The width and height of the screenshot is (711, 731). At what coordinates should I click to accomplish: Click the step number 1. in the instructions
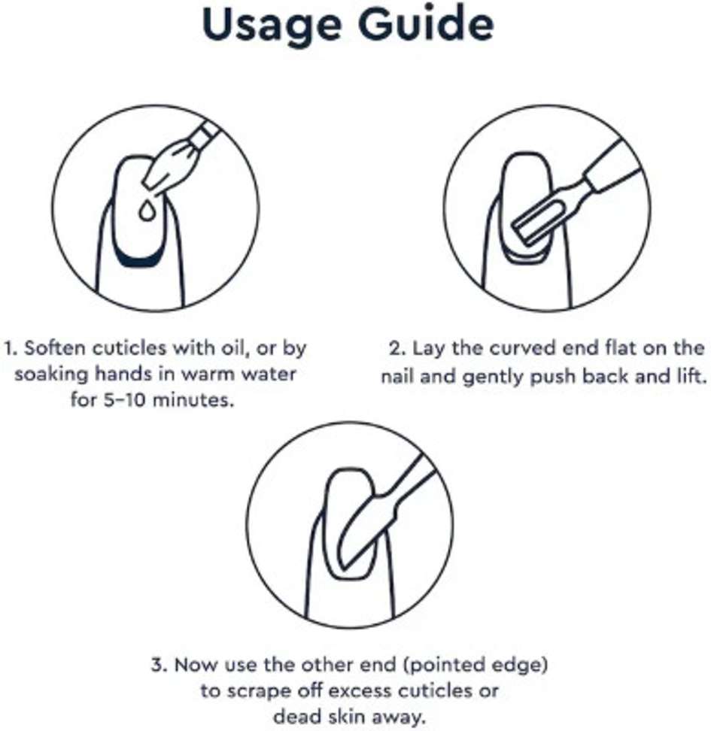(12, 350)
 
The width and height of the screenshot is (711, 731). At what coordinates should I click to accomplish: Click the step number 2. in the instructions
(397, 350)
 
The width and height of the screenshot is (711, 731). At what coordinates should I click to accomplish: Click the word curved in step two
(534, 350)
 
